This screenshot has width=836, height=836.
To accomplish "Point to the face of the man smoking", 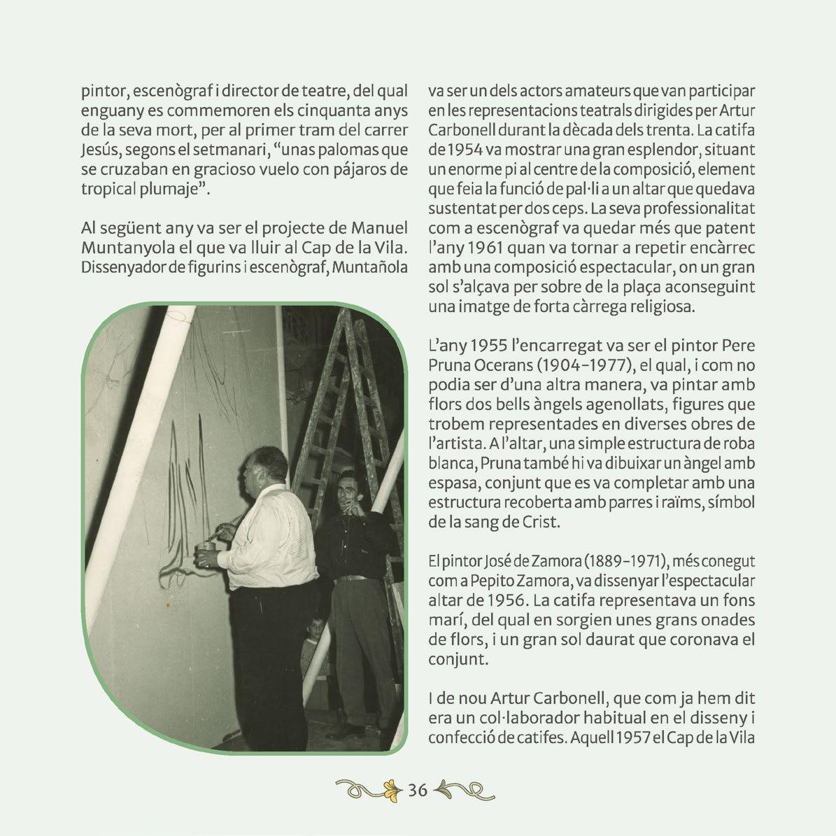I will (346, 490).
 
